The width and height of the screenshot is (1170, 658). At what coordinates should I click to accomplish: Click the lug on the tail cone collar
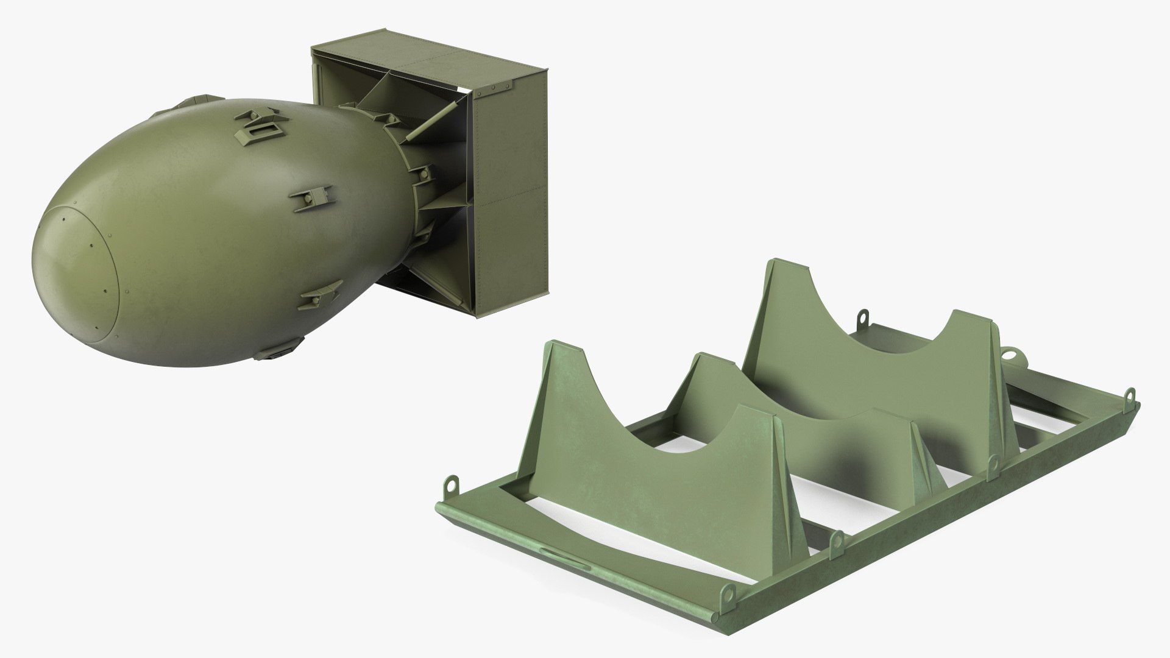pos(420,177)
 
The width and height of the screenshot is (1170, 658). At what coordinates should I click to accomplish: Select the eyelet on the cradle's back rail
pos(863,317)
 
